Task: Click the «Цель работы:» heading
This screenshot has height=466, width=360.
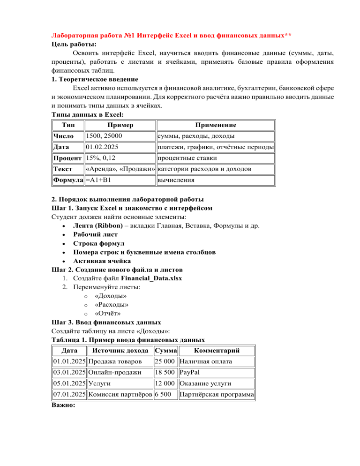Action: click(x=71, y=45)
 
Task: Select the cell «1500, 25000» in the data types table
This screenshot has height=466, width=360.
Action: click(x=104, y=136)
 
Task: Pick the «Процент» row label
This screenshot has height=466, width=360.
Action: click(x=67, y=158)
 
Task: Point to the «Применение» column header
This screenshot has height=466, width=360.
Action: click(x=216, y=125)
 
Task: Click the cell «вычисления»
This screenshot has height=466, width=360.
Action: click(x=176, y=180)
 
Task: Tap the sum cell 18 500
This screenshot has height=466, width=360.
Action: click(x=165, y=373)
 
